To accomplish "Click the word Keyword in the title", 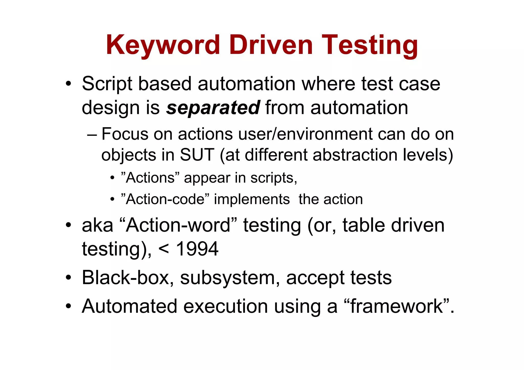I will coord(163,45).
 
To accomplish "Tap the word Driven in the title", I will coord(271,45).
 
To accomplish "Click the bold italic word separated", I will coord(213,108).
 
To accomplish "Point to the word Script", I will coord(107,84).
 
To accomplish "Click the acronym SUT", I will coord(197,155).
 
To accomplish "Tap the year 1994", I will coord(197,249).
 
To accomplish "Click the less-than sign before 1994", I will coord(164,249).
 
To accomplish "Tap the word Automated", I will coord(129,306).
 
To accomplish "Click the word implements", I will coord(252,199).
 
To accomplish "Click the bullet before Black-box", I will coord(68,278).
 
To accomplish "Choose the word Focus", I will coord(125,134).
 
